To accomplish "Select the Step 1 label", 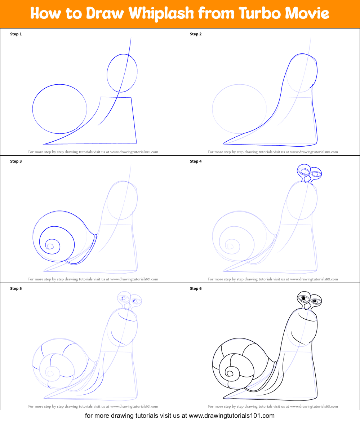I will tap(16, 34).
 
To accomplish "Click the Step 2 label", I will tap(196, 34).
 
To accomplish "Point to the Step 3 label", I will tap(16, 161).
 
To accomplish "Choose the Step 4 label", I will tap(196, 161).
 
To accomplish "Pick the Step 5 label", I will tap(16, 288).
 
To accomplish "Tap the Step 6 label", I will tap(196, 288).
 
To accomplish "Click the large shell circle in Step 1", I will tap(59, 108).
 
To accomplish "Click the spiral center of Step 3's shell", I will tap(50, 246).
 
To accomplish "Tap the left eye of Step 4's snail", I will tap(305, 171).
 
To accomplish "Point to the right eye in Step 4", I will tap(316, 174).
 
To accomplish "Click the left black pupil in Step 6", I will tap(304, 298).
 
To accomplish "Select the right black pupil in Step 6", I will tap(315, 301).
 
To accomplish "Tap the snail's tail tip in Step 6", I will tap(224, 398).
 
